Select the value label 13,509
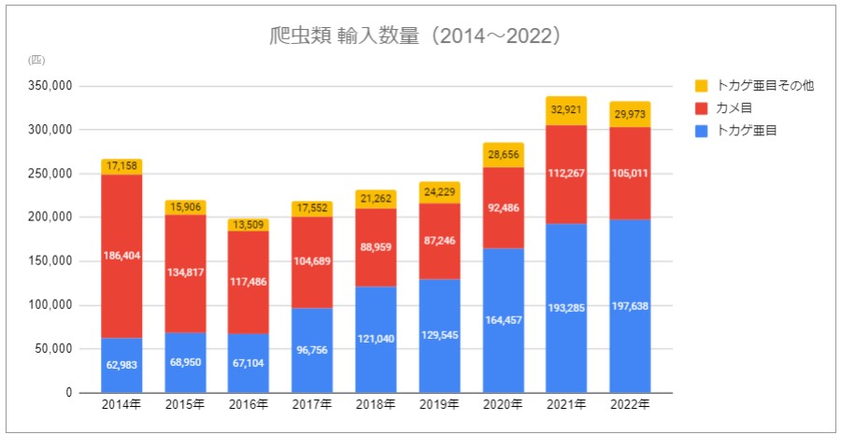[249, 225]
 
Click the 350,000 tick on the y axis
[52, 86]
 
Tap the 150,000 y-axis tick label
[52, 261]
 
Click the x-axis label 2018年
[376, 405]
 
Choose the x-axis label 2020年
[503, 405]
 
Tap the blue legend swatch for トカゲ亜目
[702, 131]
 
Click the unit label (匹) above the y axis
[36, 60]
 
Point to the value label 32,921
[566, 110]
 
